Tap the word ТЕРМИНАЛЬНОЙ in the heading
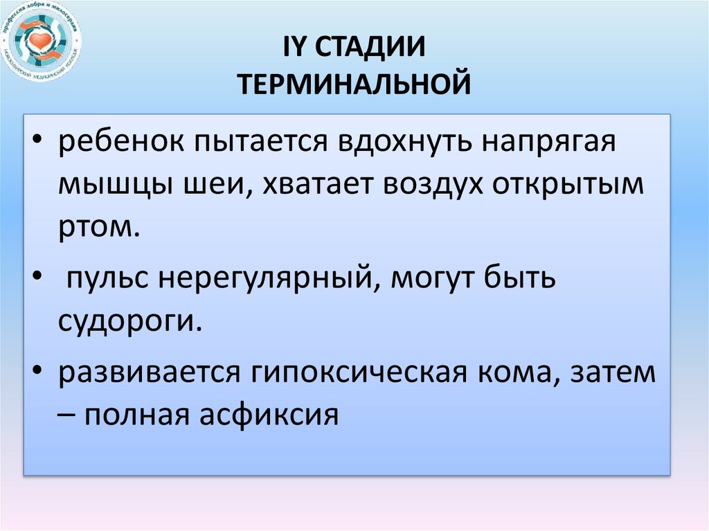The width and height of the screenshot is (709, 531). (354, 85)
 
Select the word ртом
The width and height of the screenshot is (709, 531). (96, 227)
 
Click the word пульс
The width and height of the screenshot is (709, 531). (109, 279)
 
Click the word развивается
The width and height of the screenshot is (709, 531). (145, 373)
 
